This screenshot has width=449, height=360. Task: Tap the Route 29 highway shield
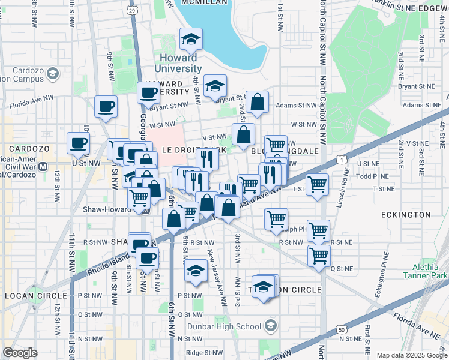point(133,10)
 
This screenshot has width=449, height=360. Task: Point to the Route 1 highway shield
point(340,160)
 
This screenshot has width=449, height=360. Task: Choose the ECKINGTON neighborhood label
point(406,214)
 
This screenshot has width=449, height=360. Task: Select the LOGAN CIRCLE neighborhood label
point(35,296)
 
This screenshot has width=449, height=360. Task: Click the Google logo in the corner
point(20,352)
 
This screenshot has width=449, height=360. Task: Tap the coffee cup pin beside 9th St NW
point(106,107)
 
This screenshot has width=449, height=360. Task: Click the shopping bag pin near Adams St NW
point(258,103)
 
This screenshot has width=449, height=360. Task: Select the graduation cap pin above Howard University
point(191,40)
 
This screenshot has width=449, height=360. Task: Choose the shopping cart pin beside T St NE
point(317,185)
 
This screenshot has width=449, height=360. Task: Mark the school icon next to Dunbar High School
point(270,326)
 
